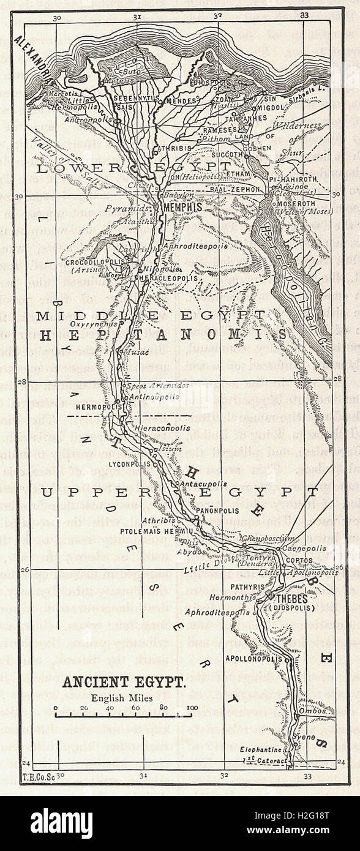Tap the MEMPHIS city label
(x=183, y=208)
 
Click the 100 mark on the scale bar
(x=191, y=708)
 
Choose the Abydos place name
(x=195, y=552)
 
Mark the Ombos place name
(x=319, y=712)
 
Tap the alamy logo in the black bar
(x=61, y=823)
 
